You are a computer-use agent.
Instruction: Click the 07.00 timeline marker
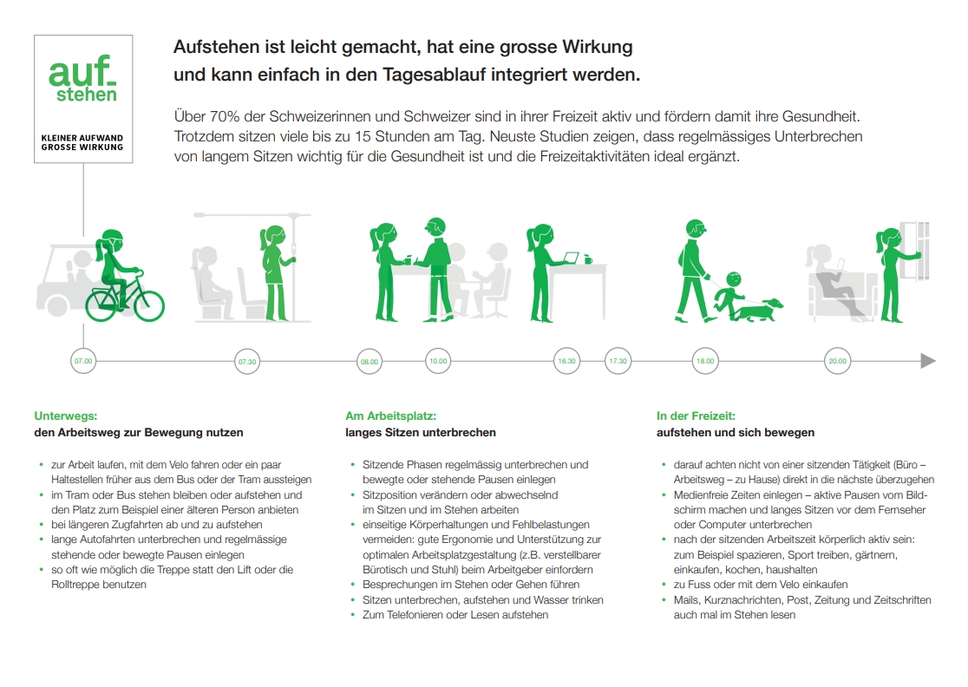click(x=83, y=361)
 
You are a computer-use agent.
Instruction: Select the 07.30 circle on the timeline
click(x=247, y=362)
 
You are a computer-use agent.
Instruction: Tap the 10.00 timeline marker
click(x=438, y=361)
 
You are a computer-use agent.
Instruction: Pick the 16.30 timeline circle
click(x=566, y=361)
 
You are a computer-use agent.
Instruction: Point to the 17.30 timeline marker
click(x=618, y=361)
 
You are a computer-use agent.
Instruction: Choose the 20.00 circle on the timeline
click(x=838, y=361)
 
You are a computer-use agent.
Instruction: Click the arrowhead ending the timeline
click(x=928, y=361)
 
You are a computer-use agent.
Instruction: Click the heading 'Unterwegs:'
click(x=65, y=416)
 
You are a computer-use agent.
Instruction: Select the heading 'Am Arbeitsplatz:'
click(x=391, y=416)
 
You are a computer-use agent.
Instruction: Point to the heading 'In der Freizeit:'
click(x=696, y=416)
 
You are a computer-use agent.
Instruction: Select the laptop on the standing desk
click(x=571, y=258)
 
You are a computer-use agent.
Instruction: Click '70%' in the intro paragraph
click(x=225, y=116)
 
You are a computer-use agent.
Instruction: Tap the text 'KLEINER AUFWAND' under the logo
click(x=82, y=138)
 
